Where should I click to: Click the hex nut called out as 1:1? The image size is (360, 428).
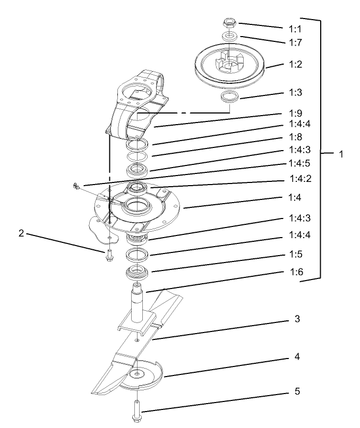point(230,23)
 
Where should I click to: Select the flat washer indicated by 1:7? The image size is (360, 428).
point(230,36)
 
